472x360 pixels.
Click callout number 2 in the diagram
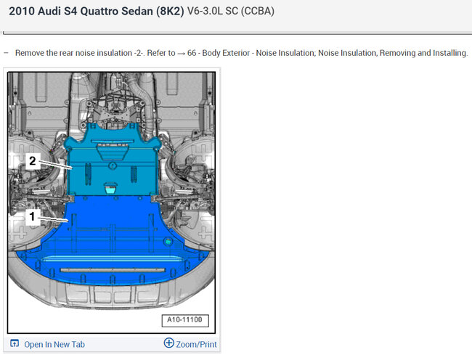click(33, 161)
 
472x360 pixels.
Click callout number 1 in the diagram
click(32, 216)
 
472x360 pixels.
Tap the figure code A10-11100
click(185, 319)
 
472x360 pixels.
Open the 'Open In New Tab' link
click(54, 344)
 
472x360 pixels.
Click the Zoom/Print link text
click(196, 344)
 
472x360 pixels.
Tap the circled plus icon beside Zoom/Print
click(169, 343)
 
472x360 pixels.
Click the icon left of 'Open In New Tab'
click(15, 343)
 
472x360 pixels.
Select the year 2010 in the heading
click(22, 11)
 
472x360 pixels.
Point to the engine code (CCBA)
click(258, 11)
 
